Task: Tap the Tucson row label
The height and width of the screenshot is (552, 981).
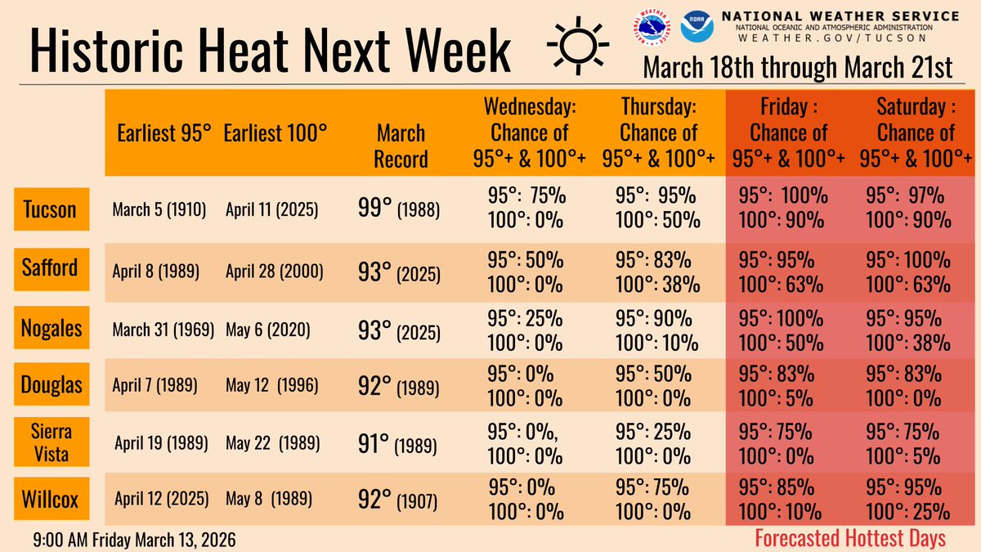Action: pyautogui.click(x=51, y=209)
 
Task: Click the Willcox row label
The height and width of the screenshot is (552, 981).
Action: pyautogui.click(x=51, y=498)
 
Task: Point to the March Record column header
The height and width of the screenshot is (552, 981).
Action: pyautogui.click(x=401, y=145)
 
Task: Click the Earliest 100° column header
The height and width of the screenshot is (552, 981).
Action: pyautogui.click(x=275, y=132)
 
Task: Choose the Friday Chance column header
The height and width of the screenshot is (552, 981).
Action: pyautogui.click(x=789, y=132)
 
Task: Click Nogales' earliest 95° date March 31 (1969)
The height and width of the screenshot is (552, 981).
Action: pyautogui.click(x=163, y=329)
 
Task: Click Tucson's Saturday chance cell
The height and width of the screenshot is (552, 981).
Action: pyautogui.click(x=908, y=208)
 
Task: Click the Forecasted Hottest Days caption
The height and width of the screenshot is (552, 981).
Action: pyautogui.click(x=850, y=538)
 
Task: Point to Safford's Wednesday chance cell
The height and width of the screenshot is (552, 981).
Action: pyautogui.click(x=526, y=272)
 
